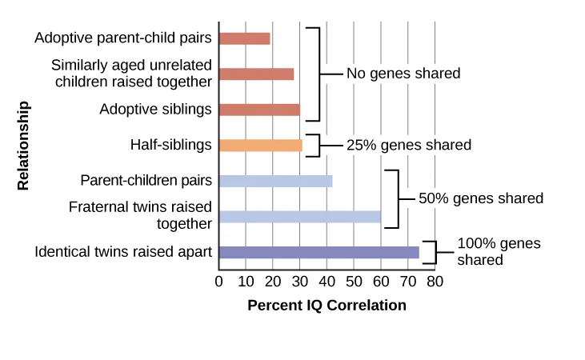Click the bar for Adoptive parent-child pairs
point(244,38)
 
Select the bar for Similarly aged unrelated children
point(256,74)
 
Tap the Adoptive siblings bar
point(258,110)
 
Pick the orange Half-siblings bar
point(260,146)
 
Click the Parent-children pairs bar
point(275,181)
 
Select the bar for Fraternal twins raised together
point(299,217)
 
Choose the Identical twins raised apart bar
point(319,253)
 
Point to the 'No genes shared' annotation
point(403,74)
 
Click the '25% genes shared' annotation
point(408,146)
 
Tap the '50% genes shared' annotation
point(480,198)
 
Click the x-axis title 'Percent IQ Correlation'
point(327,306)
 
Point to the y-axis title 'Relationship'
point(23,146)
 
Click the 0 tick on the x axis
point(219,282)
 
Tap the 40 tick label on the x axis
point(327,282)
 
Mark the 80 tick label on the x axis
point(435,282)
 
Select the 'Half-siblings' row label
point(171,145)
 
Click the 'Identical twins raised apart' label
point(123,252)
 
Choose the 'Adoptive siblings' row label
point(155,109)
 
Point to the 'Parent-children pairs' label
point(146,180)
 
